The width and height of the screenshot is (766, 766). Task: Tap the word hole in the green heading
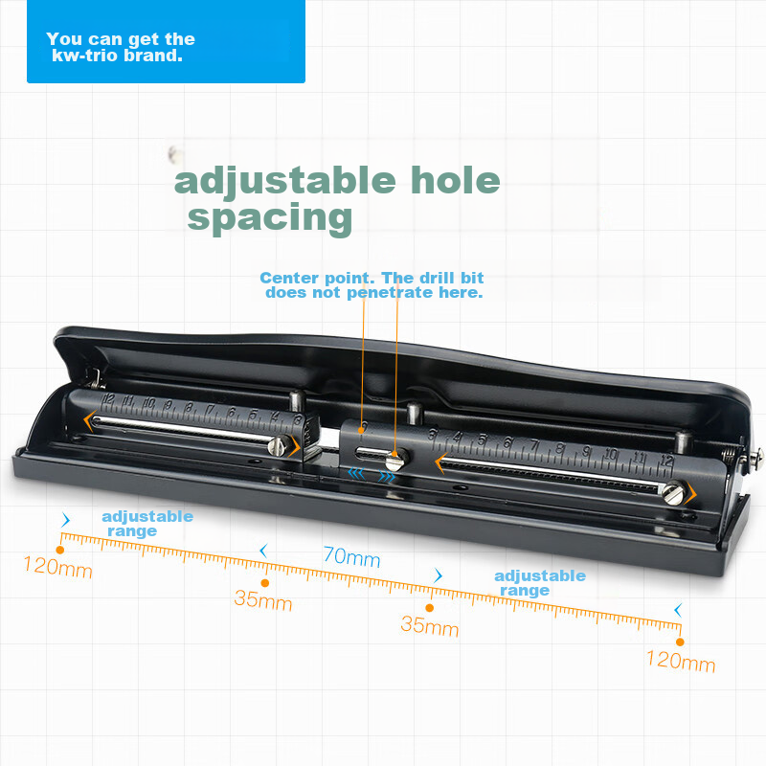[x=456, y=180]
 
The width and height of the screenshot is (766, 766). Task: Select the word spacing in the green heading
[x=270, y=219]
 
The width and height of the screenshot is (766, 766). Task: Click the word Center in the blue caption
[x=290, y=278]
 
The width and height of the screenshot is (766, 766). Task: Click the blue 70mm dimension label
[x=351, y=556]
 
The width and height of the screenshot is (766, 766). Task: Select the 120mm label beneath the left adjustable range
[x=57, y=567]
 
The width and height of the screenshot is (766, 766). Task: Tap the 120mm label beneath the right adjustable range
[x=681, y=661]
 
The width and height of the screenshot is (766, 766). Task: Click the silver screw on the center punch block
[x=395, y=460]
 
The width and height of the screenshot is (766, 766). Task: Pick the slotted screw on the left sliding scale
[x=277, y=445]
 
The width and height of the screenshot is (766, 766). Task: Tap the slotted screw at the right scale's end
[x=673, y=492]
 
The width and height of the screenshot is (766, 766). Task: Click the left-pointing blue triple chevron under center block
[x=356, y=472]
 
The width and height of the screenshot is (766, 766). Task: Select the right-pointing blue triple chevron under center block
[x=387, y=476]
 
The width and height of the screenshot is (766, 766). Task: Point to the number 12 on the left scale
[x=108, y=399]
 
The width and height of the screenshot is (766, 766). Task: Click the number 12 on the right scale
[x=666, y=461]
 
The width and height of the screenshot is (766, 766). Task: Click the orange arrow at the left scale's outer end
[x=88, y=421]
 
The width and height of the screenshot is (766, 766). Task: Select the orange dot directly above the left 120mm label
[x=60, y=550]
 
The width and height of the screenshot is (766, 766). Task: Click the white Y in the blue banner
[x=52, y=38]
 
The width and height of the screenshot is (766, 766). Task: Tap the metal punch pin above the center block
[x=415, y=414]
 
